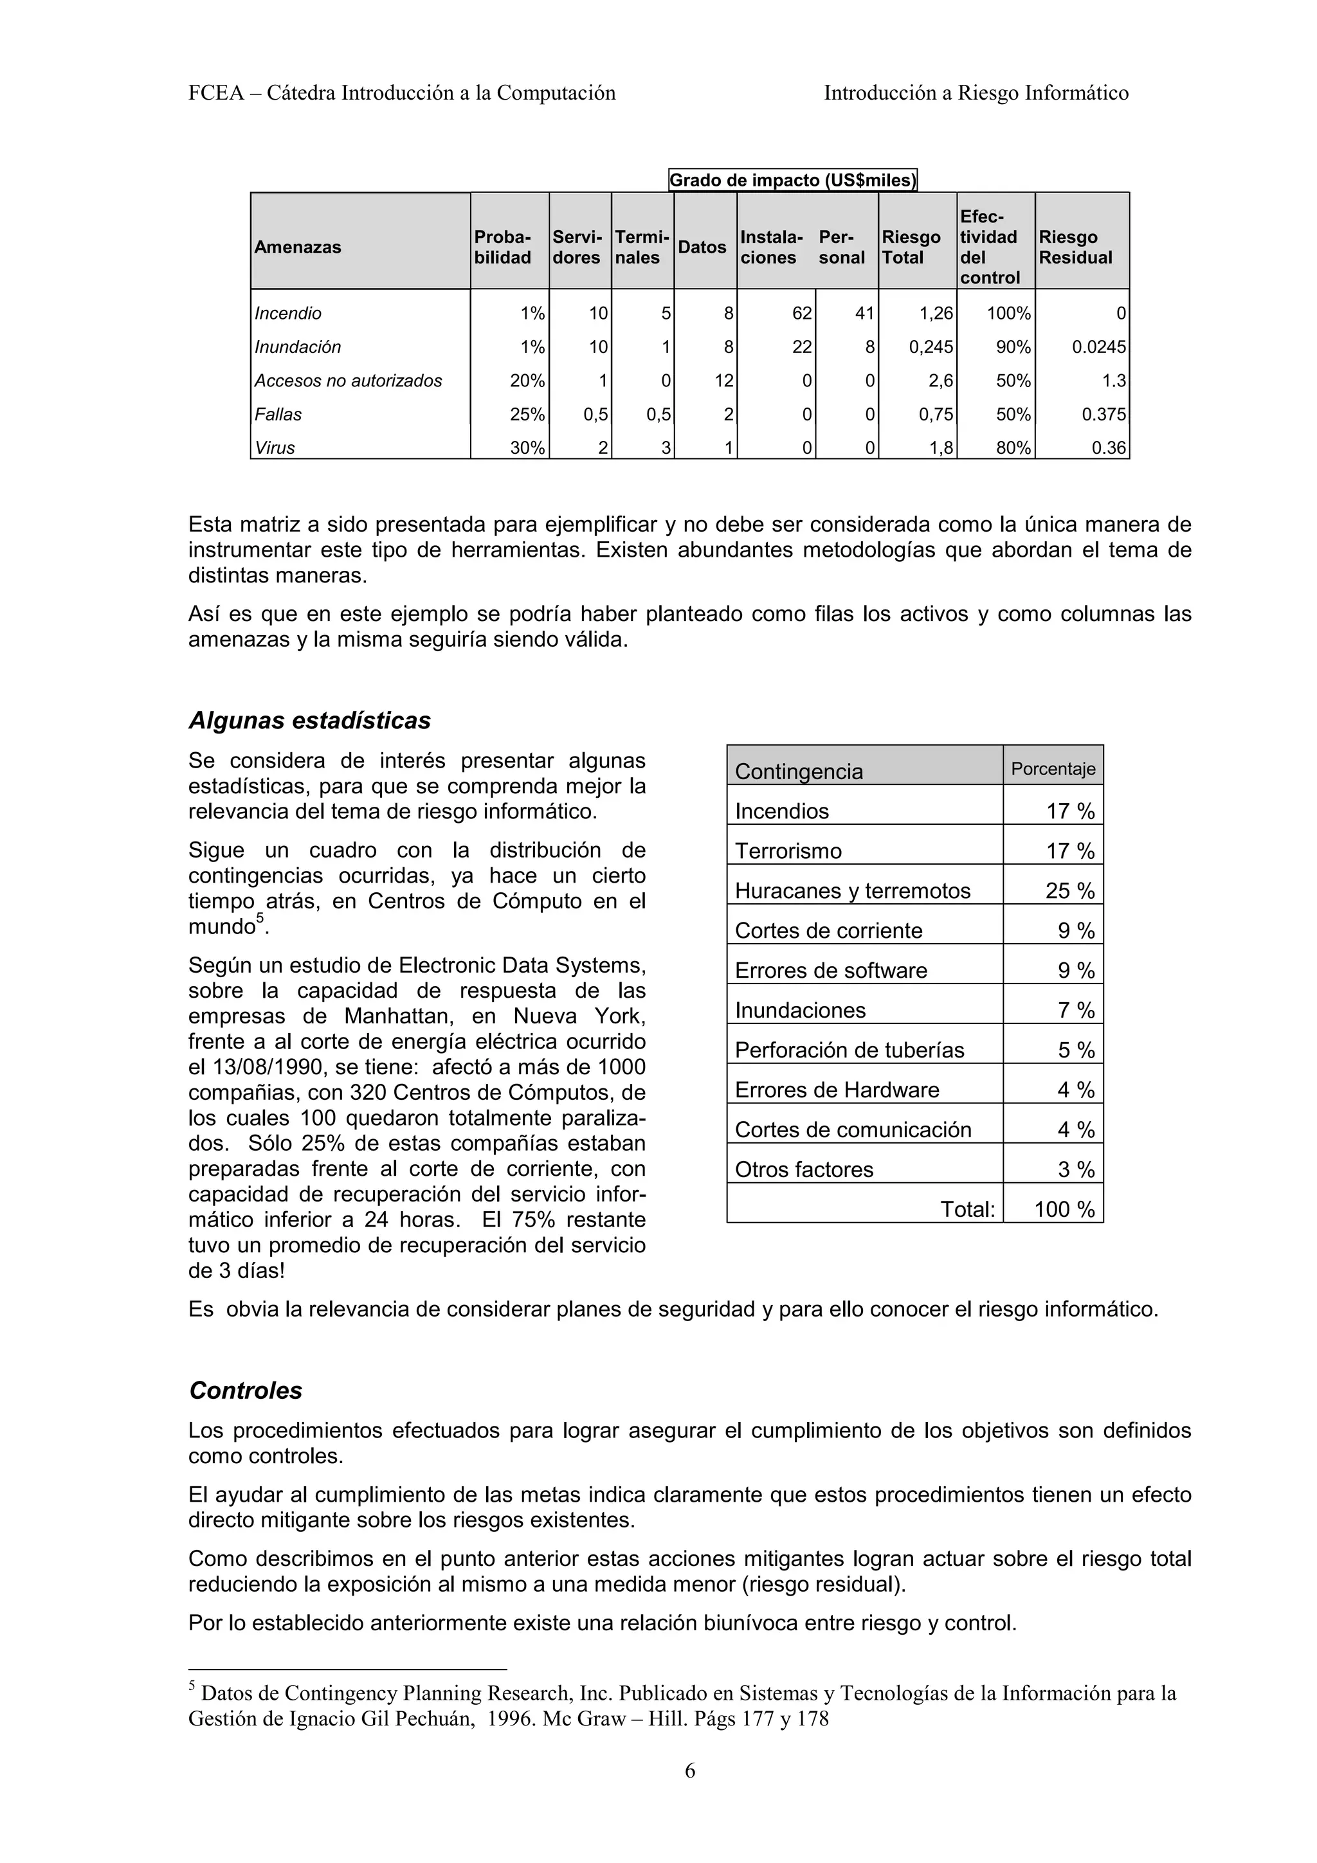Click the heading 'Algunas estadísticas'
tap(309, 721)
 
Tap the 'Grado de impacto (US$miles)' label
tap(792, 180)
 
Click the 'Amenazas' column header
tap(297, 248)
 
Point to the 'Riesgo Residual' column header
tap(1075, 248)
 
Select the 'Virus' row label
tap(275, 448)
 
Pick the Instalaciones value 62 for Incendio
tap(802, 313)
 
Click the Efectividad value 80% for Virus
tap(1013, 448)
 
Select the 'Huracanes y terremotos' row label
tap(852, 891)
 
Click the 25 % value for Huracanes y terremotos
tap(1069, 891)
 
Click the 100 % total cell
tap(1064, 1210)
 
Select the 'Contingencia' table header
tap(799, 771)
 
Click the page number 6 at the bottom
tap(690, 1770)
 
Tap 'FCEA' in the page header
tap(216, 93)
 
